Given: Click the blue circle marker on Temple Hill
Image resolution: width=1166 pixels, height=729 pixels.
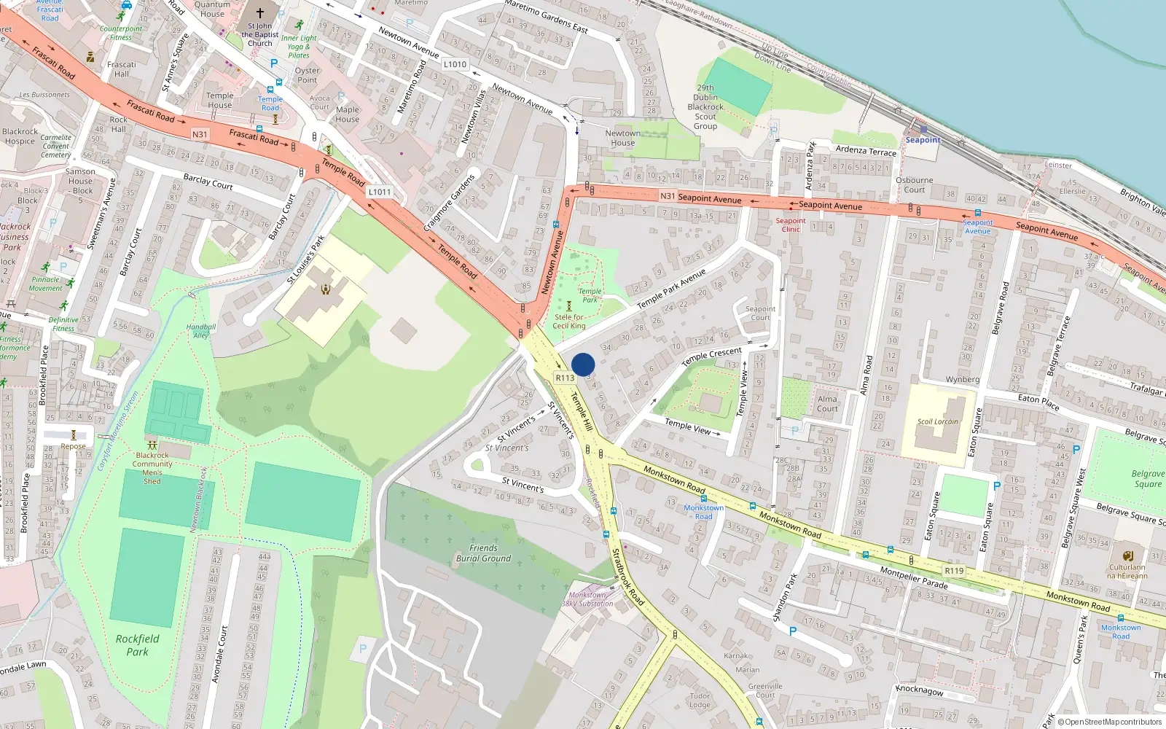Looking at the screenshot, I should [x=583, y=364].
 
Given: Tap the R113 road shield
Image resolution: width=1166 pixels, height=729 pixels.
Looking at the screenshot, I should [x=565, y=378].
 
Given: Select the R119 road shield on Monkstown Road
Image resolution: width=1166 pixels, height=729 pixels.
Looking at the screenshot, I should [x=953, y=571].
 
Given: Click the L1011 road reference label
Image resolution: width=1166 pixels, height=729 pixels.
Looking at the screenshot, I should [x=379, y=192].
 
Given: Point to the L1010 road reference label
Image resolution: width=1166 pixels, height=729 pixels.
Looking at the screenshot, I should [x=455, y=64].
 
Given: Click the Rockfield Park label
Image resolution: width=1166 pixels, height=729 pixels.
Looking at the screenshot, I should [x=137, y=645].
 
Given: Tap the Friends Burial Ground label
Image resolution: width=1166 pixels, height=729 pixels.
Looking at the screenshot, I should [x=483, y=553].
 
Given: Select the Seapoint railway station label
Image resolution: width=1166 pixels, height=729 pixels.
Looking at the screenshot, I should [x=923, y=139].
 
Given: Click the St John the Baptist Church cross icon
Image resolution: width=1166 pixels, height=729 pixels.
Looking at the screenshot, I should [x=259, y=12].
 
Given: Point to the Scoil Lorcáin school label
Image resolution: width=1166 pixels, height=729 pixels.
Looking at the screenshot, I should [x=938, y=421].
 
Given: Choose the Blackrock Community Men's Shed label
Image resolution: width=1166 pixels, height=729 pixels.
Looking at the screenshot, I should [x=152, y=468].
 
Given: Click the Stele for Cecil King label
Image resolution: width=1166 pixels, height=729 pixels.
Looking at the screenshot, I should [x=568, y=321].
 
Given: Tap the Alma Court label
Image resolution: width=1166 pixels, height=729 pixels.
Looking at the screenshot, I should [x=827, y=404].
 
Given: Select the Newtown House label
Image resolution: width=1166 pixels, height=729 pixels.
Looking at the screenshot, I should [x=622, y=138].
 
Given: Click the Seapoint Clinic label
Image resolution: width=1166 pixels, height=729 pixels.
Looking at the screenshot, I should [x=791, y=225].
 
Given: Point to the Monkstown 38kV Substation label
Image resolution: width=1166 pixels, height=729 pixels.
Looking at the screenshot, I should [x=587, y=599].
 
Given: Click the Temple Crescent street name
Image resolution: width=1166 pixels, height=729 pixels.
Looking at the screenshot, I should [x=711, y=357].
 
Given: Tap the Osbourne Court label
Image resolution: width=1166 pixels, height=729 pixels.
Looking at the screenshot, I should [x=914, y=184].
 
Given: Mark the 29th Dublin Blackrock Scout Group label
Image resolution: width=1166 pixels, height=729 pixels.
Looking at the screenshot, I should [x=705, y=107].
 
